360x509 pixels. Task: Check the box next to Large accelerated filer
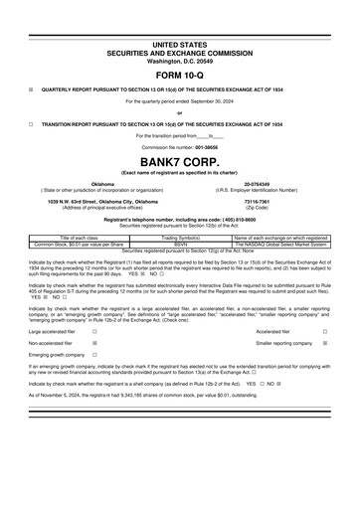[94, 332]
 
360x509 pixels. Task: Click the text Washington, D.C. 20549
[179, 62]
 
